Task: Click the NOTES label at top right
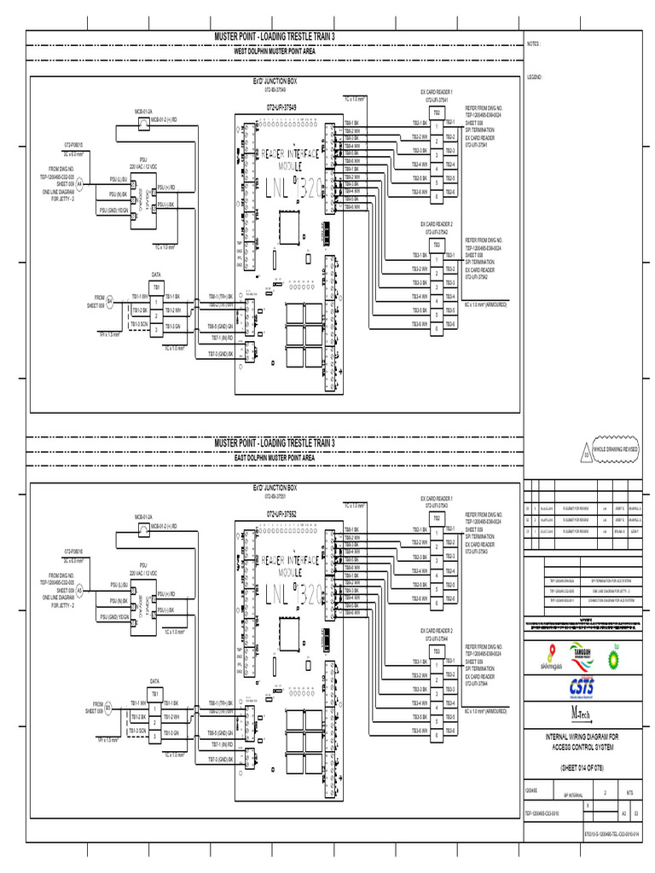pos(533,43)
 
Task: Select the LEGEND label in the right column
pos(535,77)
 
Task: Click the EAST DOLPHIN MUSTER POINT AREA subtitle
pos(274,458)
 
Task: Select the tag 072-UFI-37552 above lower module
pos(281,514)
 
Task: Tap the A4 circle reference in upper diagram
pos(79,183)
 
